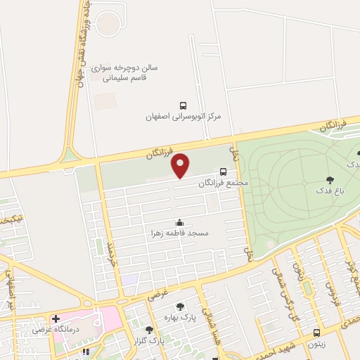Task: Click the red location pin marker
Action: pyautogui.click(x=181, y=165)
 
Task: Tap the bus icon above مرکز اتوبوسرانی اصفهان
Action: pyautogui.click(x=184, y=103)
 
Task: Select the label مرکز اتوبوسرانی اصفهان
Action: pyautogui.click(x=184, y=115)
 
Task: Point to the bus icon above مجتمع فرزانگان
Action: pyautogui.click(x=224, y=171)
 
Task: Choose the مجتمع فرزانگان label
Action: pyautogui.click(x=224, y=183)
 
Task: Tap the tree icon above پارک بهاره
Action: pyautogui.click(x=181, y=306)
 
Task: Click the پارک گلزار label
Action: pyautogui.click(x=148, y=341)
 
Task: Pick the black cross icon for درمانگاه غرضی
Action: pyautogui.click(x=55, y=318)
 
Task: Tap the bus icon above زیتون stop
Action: pyautogui.click(x=316, y=332)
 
